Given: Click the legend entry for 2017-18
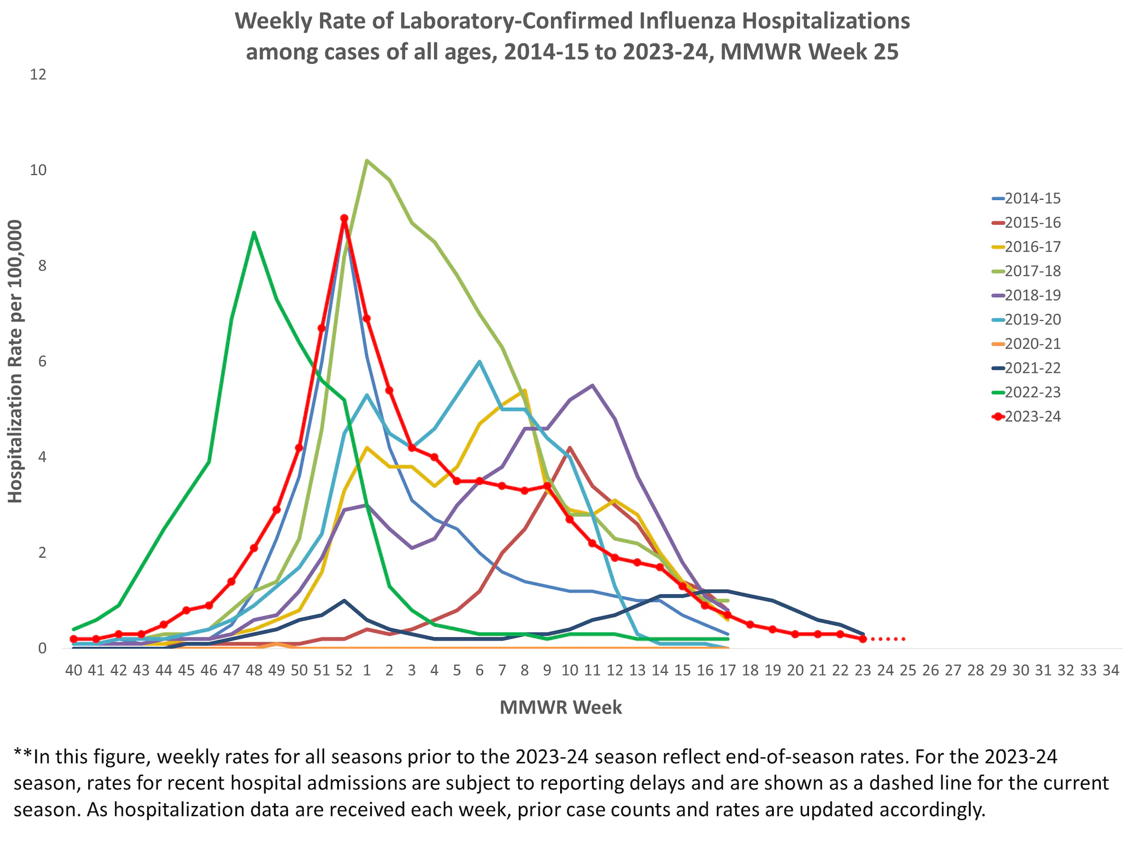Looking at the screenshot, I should click(1032, 271).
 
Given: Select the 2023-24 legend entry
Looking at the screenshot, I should click(1032, 417).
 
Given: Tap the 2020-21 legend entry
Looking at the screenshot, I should click(1032, 344).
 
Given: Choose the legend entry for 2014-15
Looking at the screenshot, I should click(1032, 199).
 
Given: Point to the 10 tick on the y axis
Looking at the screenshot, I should click(37, 170).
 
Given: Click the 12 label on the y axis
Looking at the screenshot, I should click(37, 75).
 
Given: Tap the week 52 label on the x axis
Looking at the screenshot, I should click(344, 670).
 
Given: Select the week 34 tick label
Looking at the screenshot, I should click(1110, 670).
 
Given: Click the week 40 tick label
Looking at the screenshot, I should click(73, 670).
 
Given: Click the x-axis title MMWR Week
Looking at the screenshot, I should click(561, 707).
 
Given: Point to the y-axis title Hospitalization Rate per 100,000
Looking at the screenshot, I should click(16, 361).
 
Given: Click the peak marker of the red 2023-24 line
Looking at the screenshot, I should click(344, 218).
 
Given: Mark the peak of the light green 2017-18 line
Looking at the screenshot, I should click(367, 161).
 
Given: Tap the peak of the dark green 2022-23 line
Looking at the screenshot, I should click(254, 232).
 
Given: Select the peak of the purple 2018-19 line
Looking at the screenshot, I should click(592, 385).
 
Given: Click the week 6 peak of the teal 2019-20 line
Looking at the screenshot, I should click(480, 361).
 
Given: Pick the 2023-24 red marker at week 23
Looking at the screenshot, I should click(863, 638).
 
